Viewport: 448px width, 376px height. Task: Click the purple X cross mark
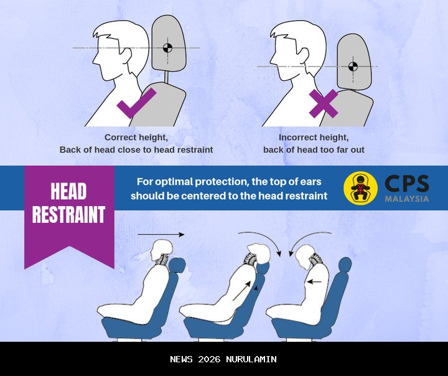coord(324,103)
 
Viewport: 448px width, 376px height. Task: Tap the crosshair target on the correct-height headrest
coord(168,48)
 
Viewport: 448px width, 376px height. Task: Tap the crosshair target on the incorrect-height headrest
coord(353,67)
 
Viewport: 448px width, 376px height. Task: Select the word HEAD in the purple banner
coord(68,191)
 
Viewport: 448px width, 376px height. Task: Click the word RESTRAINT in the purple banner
coord(68,214)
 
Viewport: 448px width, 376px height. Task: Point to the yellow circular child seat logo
coord(360,188)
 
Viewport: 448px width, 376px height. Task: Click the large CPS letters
coord(407,184)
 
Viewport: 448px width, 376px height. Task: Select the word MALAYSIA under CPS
coord(407,199)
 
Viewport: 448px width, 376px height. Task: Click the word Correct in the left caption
coord(119,137)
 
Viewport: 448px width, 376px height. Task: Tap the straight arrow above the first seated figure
coord(161,235)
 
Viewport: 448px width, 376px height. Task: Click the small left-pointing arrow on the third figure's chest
coord(314,282)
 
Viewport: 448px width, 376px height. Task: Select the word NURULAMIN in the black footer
coord(251,359)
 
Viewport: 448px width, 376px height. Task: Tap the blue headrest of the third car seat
coord(345,265)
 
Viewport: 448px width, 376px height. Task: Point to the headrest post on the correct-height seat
coord(166,77)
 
